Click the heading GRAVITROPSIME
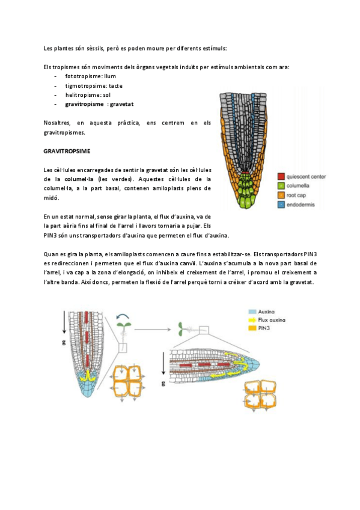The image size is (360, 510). (x=66, y=150)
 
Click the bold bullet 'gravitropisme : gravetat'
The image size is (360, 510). (x=99, y=104)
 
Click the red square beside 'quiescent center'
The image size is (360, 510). (x=281, y=177)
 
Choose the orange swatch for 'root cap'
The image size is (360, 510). (x=281, y=195)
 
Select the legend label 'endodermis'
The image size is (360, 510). (x=302, y=205)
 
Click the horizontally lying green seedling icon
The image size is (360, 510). (x=182, y=328)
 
